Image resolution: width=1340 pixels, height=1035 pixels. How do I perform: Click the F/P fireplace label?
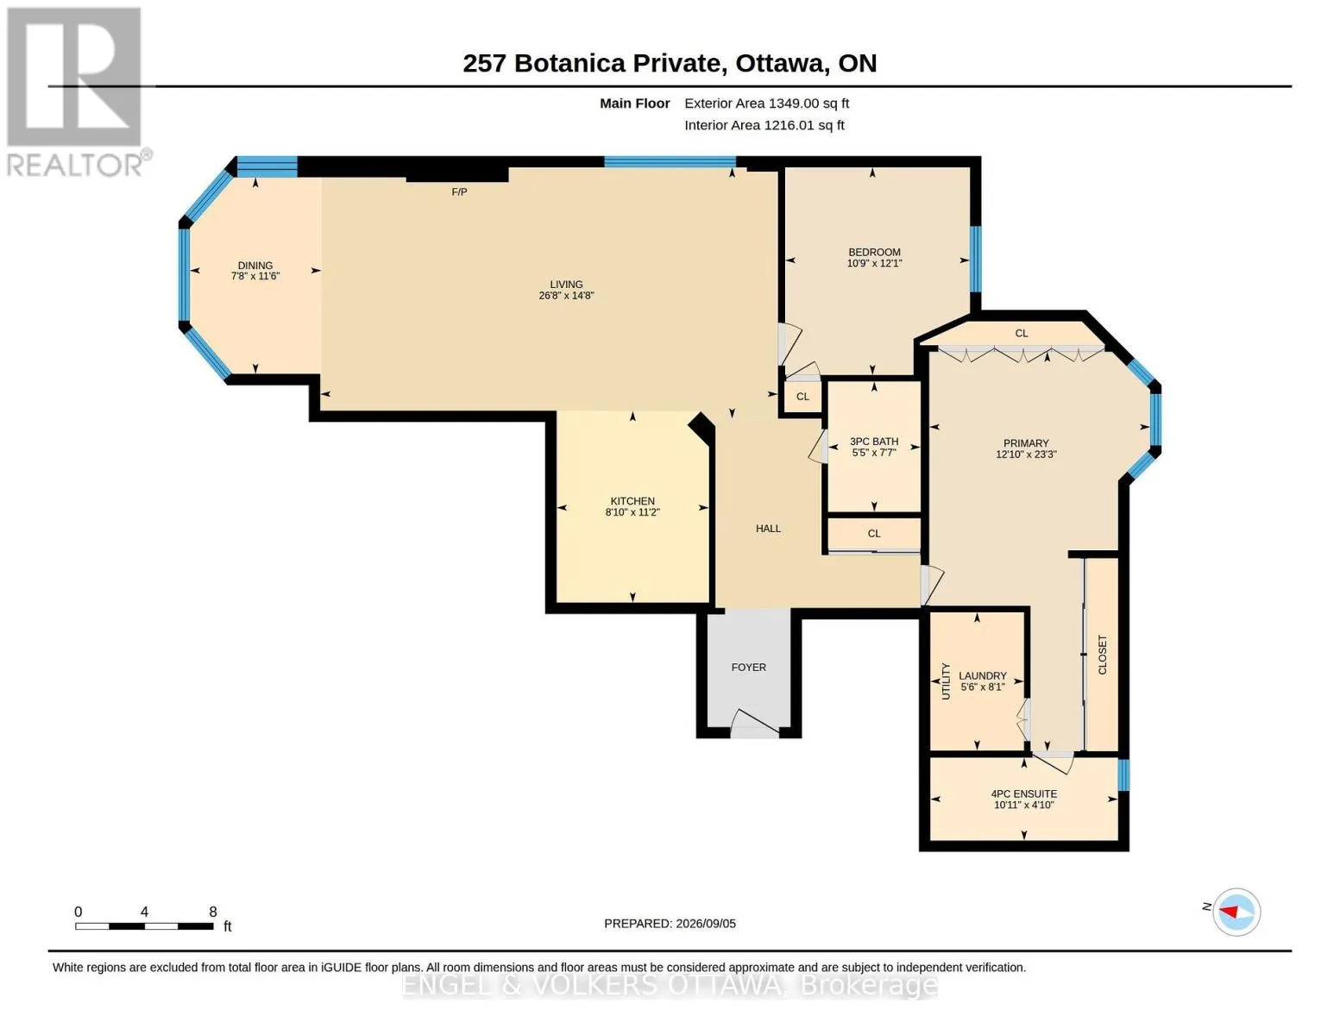[x=459, y=192]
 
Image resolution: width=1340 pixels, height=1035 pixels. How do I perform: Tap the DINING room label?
[x=255, y=266]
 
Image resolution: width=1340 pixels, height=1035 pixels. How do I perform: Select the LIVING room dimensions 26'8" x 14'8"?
[x=566, y=296]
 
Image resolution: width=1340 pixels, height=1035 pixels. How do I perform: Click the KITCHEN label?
[x=632, y=501]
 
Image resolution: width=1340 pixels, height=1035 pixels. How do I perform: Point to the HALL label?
[x=768, y=529]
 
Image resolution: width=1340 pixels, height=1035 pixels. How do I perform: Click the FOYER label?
[x=749, y=667]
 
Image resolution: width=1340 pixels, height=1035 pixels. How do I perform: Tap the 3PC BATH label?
[x=874, y=442]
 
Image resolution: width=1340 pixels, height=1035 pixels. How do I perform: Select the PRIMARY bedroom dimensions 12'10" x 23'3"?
[x=1026, y=455]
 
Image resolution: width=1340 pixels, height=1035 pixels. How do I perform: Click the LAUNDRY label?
[x=982, y=675]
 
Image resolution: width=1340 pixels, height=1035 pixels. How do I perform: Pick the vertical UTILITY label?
[x=946, y=681]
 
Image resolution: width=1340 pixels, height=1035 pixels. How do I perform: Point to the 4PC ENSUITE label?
[x=1024, y=794]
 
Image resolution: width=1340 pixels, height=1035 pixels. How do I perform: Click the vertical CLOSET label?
[x=1103, y=655]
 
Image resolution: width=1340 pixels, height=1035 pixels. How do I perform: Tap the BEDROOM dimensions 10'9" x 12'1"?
[x=874, y=263]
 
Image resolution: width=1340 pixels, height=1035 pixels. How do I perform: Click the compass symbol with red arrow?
[x=1236, y=912]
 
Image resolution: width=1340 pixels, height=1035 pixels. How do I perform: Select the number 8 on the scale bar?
[x=213, y=912]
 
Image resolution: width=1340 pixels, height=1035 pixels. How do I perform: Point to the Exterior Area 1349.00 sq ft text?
[x=766, y=103]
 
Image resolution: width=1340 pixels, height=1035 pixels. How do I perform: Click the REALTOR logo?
[x=77, y=92]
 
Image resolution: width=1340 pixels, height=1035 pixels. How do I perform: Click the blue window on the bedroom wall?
[x=976, y=259]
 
